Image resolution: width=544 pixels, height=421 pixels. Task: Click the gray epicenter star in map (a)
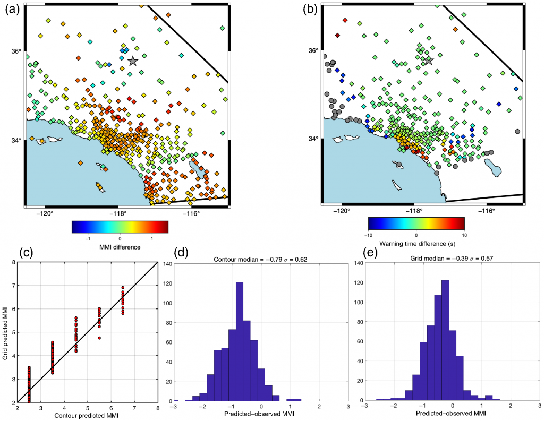click(133, 61)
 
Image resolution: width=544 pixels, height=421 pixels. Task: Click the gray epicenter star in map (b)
click(429, 61)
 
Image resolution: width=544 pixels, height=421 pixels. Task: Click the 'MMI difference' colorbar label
click(120, 247)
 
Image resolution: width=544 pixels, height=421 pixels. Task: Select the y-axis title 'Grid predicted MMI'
click(5, 332)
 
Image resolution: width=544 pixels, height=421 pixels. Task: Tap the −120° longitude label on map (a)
click(45, 214)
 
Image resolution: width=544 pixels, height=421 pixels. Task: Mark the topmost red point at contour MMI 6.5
click(123, 288)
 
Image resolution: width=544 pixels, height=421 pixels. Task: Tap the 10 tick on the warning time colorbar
click(464, 234)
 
